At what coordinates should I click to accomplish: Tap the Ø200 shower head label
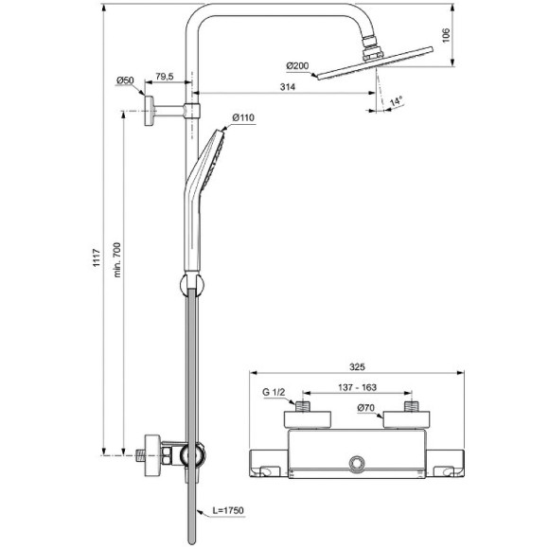[x=297, y=66]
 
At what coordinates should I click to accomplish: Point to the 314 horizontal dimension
[x=290, y=88]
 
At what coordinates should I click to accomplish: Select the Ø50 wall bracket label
[x=124, y=80]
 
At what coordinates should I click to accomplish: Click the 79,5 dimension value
[x=164, y=77]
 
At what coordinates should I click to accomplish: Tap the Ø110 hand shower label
[x=243, y=117]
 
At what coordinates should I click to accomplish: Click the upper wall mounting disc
[x=150, y=110]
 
